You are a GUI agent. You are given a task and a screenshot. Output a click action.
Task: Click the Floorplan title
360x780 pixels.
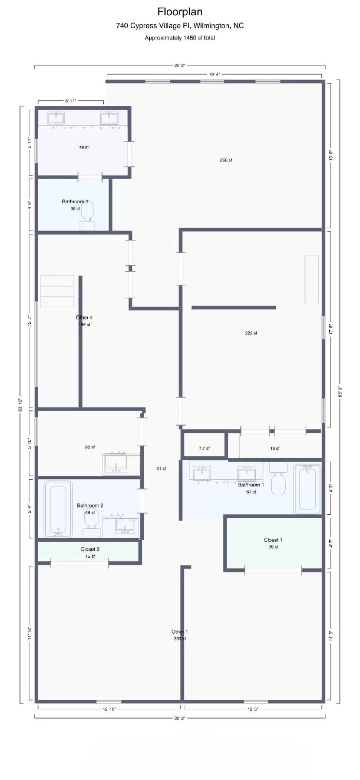coord(180,12)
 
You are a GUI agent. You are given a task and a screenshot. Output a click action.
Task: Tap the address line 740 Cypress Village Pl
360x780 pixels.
coord(180,26)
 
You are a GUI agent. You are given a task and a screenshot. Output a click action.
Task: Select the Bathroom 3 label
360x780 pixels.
coord(75,201)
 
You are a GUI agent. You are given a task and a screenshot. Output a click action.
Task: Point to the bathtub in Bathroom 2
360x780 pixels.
coord(58,508)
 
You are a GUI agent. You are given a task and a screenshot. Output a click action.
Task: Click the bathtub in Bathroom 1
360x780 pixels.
coord(307,488)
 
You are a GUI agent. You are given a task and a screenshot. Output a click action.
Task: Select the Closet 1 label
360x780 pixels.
coord(273,540)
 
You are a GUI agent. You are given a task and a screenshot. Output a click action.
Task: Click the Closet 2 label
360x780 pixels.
coord(90,549)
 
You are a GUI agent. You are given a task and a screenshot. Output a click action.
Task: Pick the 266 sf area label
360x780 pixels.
coord(226,160)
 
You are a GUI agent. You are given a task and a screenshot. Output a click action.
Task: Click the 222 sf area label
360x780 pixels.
coord(251,333)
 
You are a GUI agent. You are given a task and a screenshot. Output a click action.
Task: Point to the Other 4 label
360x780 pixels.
coord(84,317)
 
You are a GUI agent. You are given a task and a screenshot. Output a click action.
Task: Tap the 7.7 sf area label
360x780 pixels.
coord(204,448)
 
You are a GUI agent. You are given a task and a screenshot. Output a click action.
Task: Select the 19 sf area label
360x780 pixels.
coord(275,448)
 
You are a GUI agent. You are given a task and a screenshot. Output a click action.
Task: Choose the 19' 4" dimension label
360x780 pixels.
coord(214,75)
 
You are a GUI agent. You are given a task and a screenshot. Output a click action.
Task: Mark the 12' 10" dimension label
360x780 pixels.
coord(109,709)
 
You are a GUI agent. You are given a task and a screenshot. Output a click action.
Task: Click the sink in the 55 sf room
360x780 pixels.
coord(116,464)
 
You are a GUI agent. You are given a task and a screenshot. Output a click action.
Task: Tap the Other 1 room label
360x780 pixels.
coord(180,632)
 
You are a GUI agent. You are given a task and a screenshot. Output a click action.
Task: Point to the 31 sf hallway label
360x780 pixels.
coord(161,468)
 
